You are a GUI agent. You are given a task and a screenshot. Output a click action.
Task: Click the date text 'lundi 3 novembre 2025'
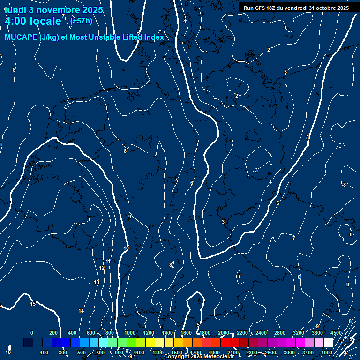54,9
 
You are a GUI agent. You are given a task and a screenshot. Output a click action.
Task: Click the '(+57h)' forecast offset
81,21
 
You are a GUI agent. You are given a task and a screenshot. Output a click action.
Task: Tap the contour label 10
126,248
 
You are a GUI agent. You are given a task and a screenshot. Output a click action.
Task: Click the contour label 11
108,261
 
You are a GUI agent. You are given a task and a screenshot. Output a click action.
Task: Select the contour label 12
102,268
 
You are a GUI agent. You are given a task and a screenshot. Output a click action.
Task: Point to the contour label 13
97,282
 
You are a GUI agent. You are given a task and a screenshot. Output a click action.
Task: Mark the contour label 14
81,311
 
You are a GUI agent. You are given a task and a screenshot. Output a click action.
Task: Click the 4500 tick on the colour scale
336,333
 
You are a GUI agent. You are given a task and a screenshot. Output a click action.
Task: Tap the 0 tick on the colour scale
32,333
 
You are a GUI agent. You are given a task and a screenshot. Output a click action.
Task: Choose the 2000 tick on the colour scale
224,333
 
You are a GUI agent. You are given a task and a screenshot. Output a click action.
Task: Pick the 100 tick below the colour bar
45,352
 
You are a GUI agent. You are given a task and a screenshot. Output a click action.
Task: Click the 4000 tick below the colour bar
327,352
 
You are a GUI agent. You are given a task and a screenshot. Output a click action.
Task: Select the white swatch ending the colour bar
328,343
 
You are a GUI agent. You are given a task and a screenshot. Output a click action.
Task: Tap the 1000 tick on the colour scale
130,333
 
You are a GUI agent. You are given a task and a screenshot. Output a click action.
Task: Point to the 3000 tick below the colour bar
289,352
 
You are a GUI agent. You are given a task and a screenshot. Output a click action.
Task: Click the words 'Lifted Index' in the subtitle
143,37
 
